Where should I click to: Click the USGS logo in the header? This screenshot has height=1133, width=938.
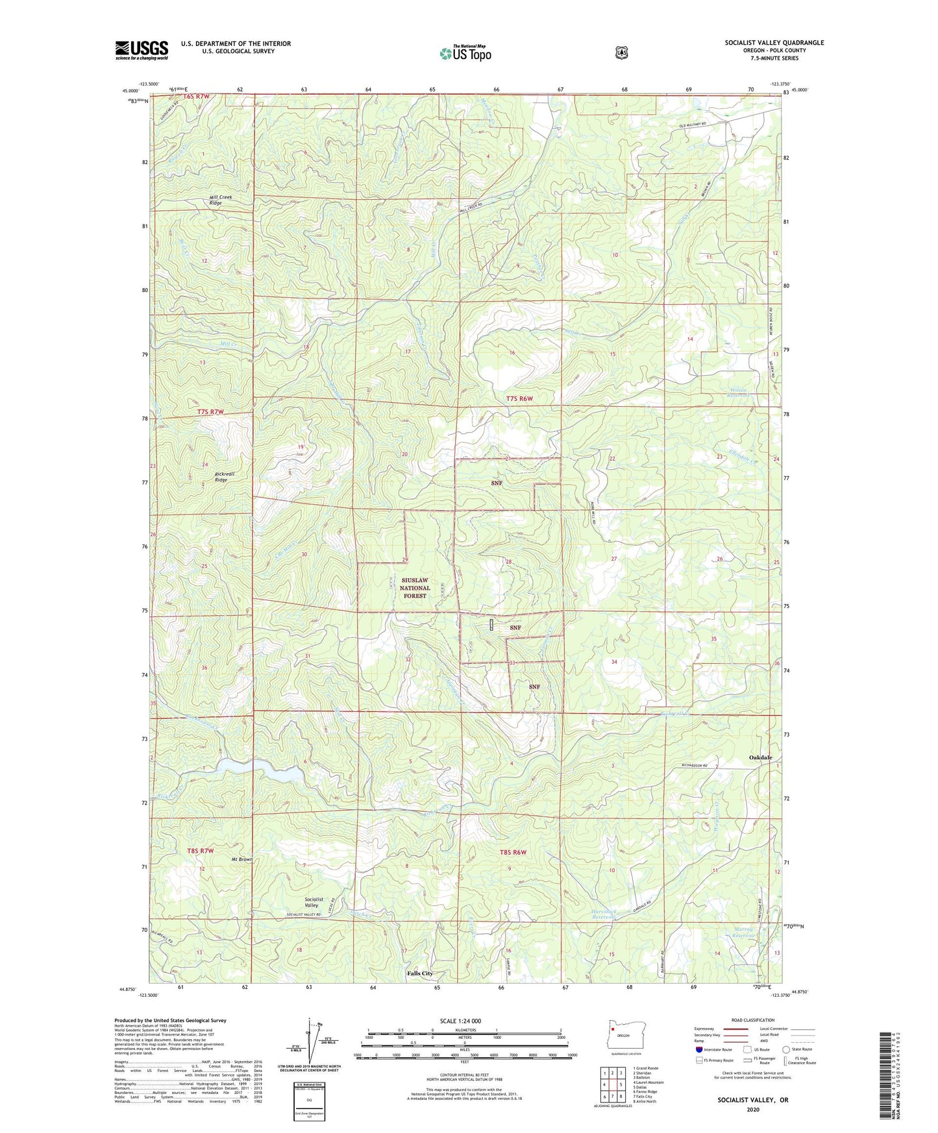coord(142,50)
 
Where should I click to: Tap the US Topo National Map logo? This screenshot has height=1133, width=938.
coord(464,53)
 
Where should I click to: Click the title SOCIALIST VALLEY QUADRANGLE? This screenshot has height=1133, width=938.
coord(774,43)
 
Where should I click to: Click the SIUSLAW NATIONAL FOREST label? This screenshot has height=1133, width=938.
coord(415,587)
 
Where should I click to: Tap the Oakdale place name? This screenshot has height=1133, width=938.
coord(760,757)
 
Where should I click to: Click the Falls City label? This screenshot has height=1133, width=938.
coord(419,973)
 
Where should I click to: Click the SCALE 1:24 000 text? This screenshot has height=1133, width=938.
coord(460,1021)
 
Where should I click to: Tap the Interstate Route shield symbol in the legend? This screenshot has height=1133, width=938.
coord(698,1049)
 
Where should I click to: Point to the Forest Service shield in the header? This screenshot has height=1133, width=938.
coord(621,52)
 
